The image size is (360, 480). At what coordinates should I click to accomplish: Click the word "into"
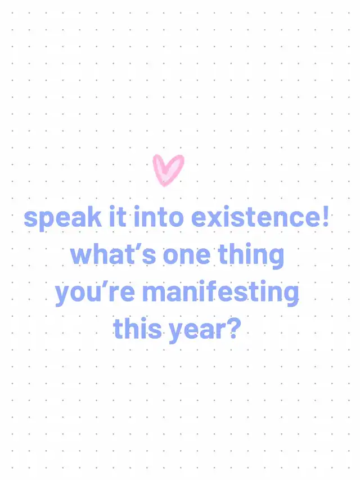159,217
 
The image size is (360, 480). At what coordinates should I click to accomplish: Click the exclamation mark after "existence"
325,217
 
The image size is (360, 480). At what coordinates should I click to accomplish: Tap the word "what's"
113,254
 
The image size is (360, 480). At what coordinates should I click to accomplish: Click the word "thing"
251,257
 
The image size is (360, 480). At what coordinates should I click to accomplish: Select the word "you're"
95,294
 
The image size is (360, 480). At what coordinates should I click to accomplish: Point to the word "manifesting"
220,294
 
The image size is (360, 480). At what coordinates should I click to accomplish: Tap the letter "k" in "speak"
94,217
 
